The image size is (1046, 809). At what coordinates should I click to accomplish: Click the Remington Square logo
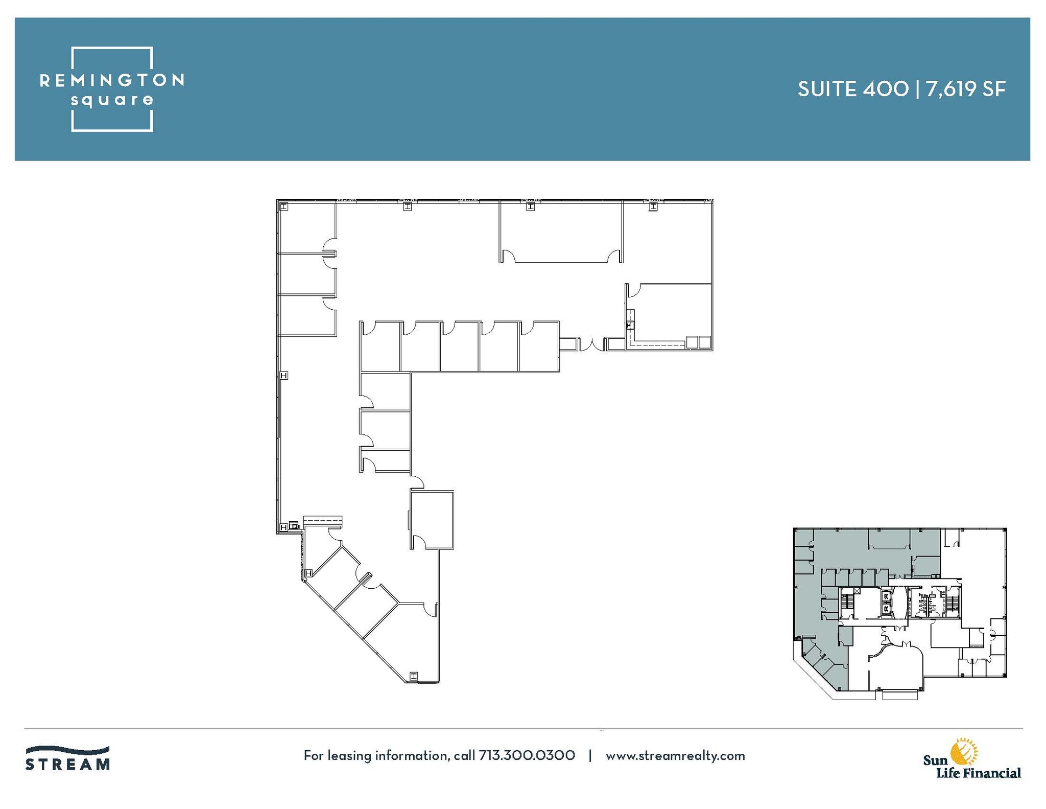pyautogui.click(x=112, y=89)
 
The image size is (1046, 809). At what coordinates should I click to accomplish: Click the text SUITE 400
pyautogui.click(x=853, y=89)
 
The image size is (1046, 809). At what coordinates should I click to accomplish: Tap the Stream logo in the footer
pyautogui.click(x=68, y=758)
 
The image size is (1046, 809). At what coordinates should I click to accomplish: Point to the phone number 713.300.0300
pyautogui.click(x=527, y=755)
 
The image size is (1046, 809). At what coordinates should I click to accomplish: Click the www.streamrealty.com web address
pyautogui.click(x=675, y=755)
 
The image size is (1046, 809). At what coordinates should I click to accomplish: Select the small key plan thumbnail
pyautogui.click(x=899, y=613)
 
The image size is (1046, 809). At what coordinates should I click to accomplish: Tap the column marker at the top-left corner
pyautogui.click(x=284, y=206)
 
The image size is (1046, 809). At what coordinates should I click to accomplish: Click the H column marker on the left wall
pyautogui.click(x=284, y=376)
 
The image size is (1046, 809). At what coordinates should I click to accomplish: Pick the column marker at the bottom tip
pyautogui.click(x=414, y=676)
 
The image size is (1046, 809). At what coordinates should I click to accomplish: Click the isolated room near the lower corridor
pyautogui.click(x=432, y=520)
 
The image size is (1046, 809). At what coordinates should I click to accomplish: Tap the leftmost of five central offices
pyautogui.click(x=381, y=346)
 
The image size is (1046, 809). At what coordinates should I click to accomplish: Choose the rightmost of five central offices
pyautogui.click(x=539, y=346)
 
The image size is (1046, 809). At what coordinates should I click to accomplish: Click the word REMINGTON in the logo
pyautogui.click(x=112, y=80)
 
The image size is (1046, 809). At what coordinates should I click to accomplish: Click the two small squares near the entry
pyautogui.click(x=698, y=342)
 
